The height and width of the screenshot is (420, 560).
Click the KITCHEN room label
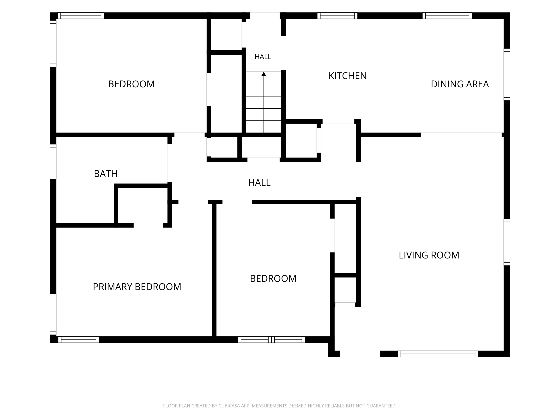click(347, 76)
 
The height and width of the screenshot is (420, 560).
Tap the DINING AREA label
click(460, 84)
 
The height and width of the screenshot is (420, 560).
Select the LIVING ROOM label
click(429, 255)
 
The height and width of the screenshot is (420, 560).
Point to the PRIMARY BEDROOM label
click(137, 287)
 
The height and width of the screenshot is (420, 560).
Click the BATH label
click(106, 174)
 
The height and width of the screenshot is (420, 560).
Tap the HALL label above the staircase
click(263, 57)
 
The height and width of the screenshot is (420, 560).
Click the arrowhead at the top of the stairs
click(264, 74)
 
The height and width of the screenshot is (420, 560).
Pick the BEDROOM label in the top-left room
click(131, 84)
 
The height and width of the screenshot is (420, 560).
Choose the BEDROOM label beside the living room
click(273, 279)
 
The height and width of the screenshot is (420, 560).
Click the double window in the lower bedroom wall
click(271, 340)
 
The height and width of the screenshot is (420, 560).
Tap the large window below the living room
click(438, 354)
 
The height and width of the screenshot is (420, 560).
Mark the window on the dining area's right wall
click(507, 74)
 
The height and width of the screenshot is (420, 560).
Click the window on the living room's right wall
click(507, 242)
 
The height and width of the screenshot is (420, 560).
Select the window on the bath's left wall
click(53, 161)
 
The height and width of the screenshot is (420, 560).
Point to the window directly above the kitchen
click(337, 16)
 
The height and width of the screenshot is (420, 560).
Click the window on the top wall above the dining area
click(447, 16)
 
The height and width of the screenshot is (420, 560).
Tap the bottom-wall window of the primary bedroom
click(78, 340)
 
